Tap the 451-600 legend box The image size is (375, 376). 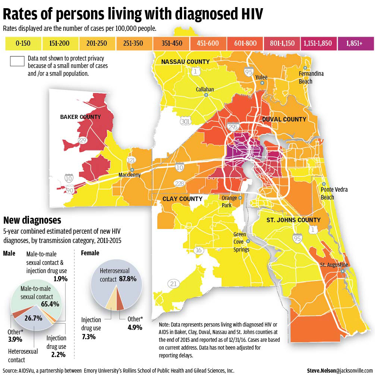[208, 43]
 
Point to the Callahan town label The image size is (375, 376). [205, 89]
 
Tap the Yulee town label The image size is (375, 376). [261, 77]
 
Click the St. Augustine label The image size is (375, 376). [334, 265]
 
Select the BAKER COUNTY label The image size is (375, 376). [80, 117]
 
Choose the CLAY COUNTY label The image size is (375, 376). [182, 199]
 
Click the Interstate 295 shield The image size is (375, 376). [233, 127]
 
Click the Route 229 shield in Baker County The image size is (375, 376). [83, 140]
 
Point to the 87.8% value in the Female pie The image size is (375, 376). [127, 279]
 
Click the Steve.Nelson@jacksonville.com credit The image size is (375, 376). [339, 370]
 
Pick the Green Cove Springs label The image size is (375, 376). [241, 242]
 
